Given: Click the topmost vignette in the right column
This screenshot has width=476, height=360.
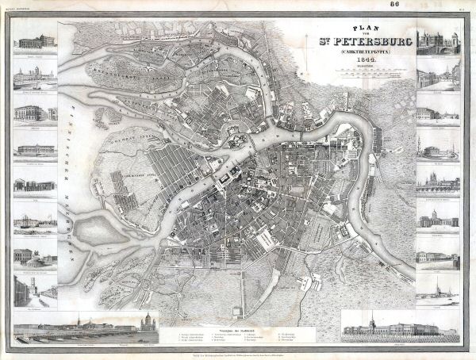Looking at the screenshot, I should click(x=438, y=43).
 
